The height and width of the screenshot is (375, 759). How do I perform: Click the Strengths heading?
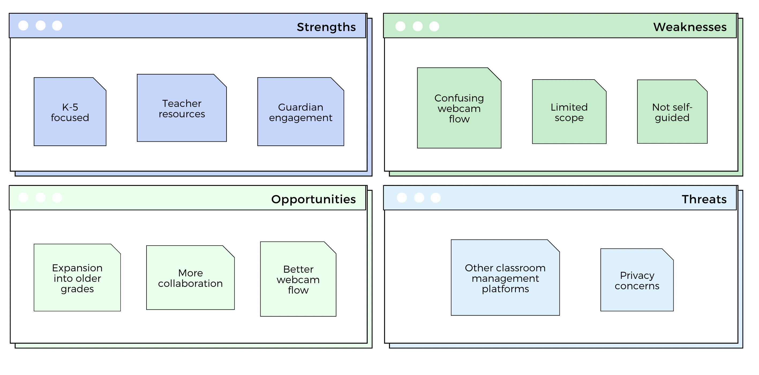[x=326, y=27]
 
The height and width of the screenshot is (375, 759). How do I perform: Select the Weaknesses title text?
[x=690, y=27]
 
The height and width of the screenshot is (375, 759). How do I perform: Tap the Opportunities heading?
[x=314, y=200]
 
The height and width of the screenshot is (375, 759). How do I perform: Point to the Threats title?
[x=704, y=200]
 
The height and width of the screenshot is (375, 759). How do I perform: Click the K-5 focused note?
[x=70, y=112]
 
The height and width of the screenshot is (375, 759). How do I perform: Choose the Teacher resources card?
[x=182, y=108]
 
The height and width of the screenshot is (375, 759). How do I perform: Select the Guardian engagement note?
[x=300, y=112]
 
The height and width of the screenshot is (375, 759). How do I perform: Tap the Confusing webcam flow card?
[x=459, y=108]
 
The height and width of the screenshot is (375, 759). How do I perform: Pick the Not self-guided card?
[x=672, y=112]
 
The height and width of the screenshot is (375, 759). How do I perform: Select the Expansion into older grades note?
[x=77, y=277]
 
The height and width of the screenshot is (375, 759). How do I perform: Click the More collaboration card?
[x=190, y=277]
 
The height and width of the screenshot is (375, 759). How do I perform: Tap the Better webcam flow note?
[x=298, y=279]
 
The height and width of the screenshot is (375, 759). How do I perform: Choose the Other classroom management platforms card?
[x=505, y=277]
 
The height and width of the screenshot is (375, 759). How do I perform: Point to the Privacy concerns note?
[x=637, y=280]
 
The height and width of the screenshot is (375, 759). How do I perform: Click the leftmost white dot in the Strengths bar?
[x=23, y=26]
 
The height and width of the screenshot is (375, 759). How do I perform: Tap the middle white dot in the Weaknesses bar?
[x=418, y=26]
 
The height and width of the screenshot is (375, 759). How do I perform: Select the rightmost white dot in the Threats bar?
[x=435, y=198]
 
